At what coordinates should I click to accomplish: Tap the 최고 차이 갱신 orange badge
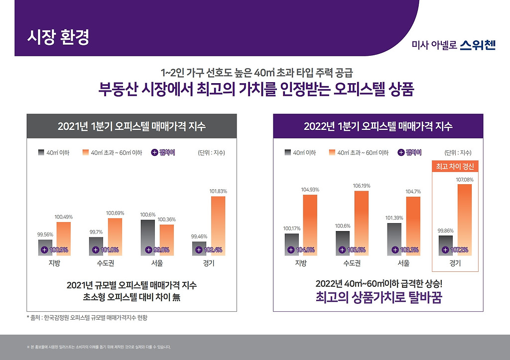tap(455, 166)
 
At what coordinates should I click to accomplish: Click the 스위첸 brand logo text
tap(477, 46)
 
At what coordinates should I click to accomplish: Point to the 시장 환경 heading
tap(58, 38)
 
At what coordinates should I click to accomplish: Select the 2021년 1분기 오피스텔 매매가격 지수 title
tap(131, 126)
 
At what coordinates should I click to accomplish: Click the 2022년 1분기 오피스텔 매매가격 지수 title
tap(378, 126)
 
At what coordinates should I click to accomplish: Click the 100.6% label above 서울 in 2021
tap(148, 215)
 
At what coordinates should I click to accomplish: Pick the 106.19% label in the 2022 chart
tap(362, 186)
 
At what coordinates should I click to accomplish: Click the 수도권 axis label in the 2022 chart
tap(352, 263)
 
